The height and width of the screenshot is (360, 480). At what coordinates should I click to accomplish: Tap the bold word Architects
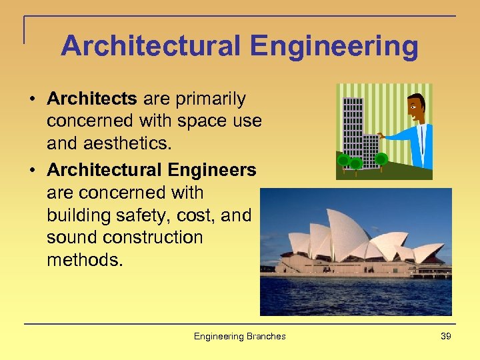91,99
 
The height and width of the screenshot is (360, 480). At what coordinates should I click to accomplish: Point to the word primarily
210,99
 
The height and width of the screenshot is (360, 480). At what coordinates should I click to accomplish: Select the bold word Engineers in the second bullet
213,170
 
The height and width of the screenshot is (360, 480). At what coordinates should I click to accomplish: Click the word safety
143,215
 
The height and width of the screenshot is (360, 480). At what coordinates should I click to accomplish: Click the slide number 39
446,336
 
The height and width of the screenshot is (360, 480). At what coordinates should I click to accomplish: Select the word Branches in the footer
266,336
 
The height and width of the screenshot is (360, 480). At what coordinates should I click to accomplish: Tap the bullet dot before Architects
32,100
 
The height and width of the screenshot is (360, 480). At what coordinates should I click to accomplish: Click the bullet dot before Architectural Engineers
32,171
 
